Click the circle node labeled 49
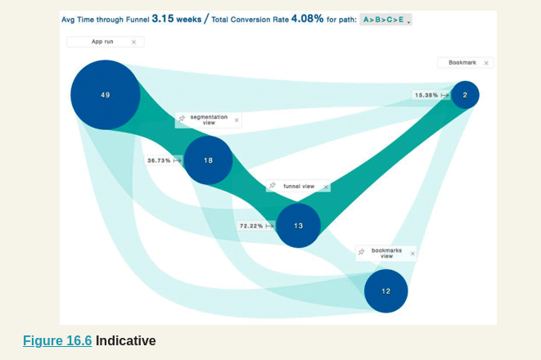click(x=105, y=95)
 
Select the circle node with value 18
click(x=208, y=160)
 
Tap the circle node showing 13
click(x=298, y=225)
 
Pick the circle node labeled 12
click(x=385, y=290)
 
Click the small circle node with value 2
click(x=465, y=95)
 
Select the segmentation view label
click(x=208, y=119)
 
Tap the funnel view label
click(x=299, y=187)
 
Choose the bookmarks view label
click(x=386, y=253)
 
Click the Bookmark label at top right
click(x=462, y=63)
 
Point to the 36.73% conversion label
click(x=159, y=160)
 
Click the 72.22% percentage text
click(x=250, y=225)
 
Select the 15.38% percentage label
click(x=426, y=95)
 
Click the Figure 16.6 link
click(x=57, y=340)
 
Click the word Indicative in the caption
click(x=125, y=340)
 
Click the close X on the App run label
click(x=133, y=42)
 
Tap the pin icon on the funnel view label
click(x=273, y=187)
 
